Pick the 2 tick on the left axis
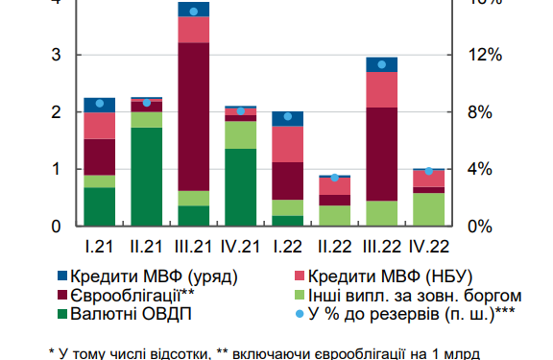point(57,112)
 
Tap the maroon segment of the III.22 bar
point(382,154)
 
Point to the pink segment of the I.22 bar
point(288,144)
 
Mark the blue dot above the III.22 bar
point(382,64)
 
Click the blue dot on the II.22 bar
point(335,178)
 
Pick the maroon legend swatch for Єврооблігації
point(63,295)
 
